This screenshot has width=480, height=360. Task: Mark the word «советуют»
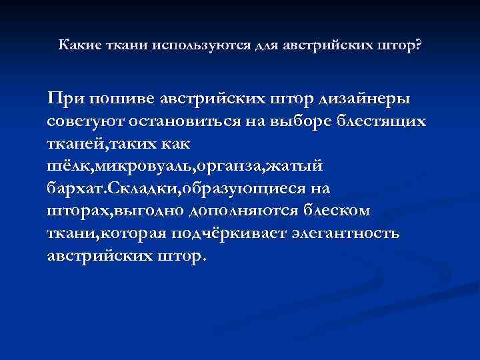[82, 122]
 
